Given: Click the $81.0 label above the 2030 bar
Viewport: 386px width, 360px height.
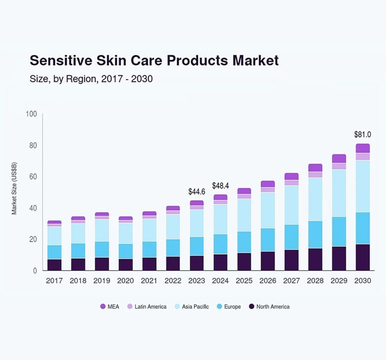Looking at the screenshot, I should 362,134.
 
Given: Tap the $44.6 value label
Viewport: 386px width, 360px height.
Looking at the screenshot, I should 197,192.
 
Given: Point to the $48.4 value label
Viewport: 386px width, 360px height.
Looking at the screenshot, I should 221,186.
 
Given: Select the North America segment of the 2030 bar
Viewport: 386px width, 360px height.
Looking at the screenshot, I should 362,257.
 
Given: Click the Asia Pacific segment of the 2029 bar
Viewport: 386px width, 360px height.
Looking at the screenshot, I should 339,193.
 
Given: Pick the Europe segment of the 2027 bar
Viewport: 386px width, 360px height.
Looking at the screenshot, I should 291,237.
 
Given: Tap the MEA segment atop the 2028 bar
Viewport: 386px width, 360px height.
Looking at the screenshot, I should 315,168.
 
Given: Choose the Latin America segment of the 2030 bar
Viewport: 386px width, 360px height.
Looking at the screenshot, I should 362,157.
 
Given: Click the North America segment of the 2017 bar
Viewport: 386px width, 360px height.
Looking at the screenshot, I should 54,265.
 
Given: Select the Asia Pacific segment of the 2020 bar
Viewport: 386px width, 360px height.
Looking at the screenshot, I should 126,233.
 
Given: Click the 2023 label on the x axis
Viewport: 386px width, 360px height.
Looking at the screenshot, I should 197,281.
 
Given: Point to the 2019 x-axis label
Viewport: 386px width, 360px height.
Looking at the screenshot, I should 102,281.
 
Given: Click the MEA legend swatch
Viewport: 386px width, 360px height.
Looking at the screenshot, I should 103,307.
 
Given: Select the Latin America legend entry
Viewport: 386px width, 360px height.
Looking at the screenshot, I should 147,307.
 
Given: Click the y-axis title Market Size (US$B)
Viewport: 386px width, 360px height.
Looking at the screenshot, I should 14,188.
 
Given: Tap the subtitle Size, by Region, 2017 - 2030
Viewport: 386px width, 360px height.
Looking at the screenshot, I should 91,79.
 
